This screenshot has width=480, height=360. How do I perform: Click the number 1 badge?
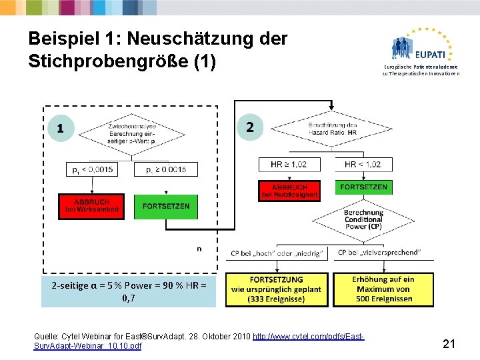click(61, 128)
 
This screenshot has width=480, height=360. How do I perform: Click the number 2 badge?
click(250, 127)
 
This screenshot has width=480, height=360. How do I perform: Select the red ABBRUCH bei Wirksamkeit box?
click(91, 206)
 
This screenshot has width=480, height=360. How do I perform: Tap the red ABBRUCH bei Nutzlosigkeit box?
click(289, 191)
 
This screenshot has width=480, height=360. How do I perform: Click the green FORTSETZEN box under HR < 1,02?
click(363, 187)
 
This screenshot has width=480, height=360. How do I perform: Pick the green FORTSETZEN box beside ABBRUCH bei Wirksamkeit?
click(166, 206)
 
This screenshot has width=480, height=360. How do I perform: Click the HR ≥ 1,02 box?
click(289, 164)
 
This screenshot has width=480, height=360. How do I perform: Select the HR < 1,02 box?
click(363, 164)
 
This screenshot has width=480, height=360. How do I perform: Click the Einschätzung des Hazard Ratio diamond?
click(333, 129)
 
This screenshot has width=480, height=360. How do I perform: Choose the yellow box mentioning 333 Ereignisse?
click(276, 289)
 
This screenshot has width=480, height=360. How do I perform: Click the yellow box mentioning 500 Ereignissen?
click(383, 289)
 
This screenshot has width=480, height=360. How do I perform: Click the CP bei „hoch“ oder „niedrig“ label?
click(277, 253)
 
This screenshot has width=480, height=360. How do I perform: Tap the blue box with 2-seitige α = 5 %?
click(129, 291)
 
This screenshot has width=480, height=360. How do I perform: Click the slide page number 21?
click(449, 344)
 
